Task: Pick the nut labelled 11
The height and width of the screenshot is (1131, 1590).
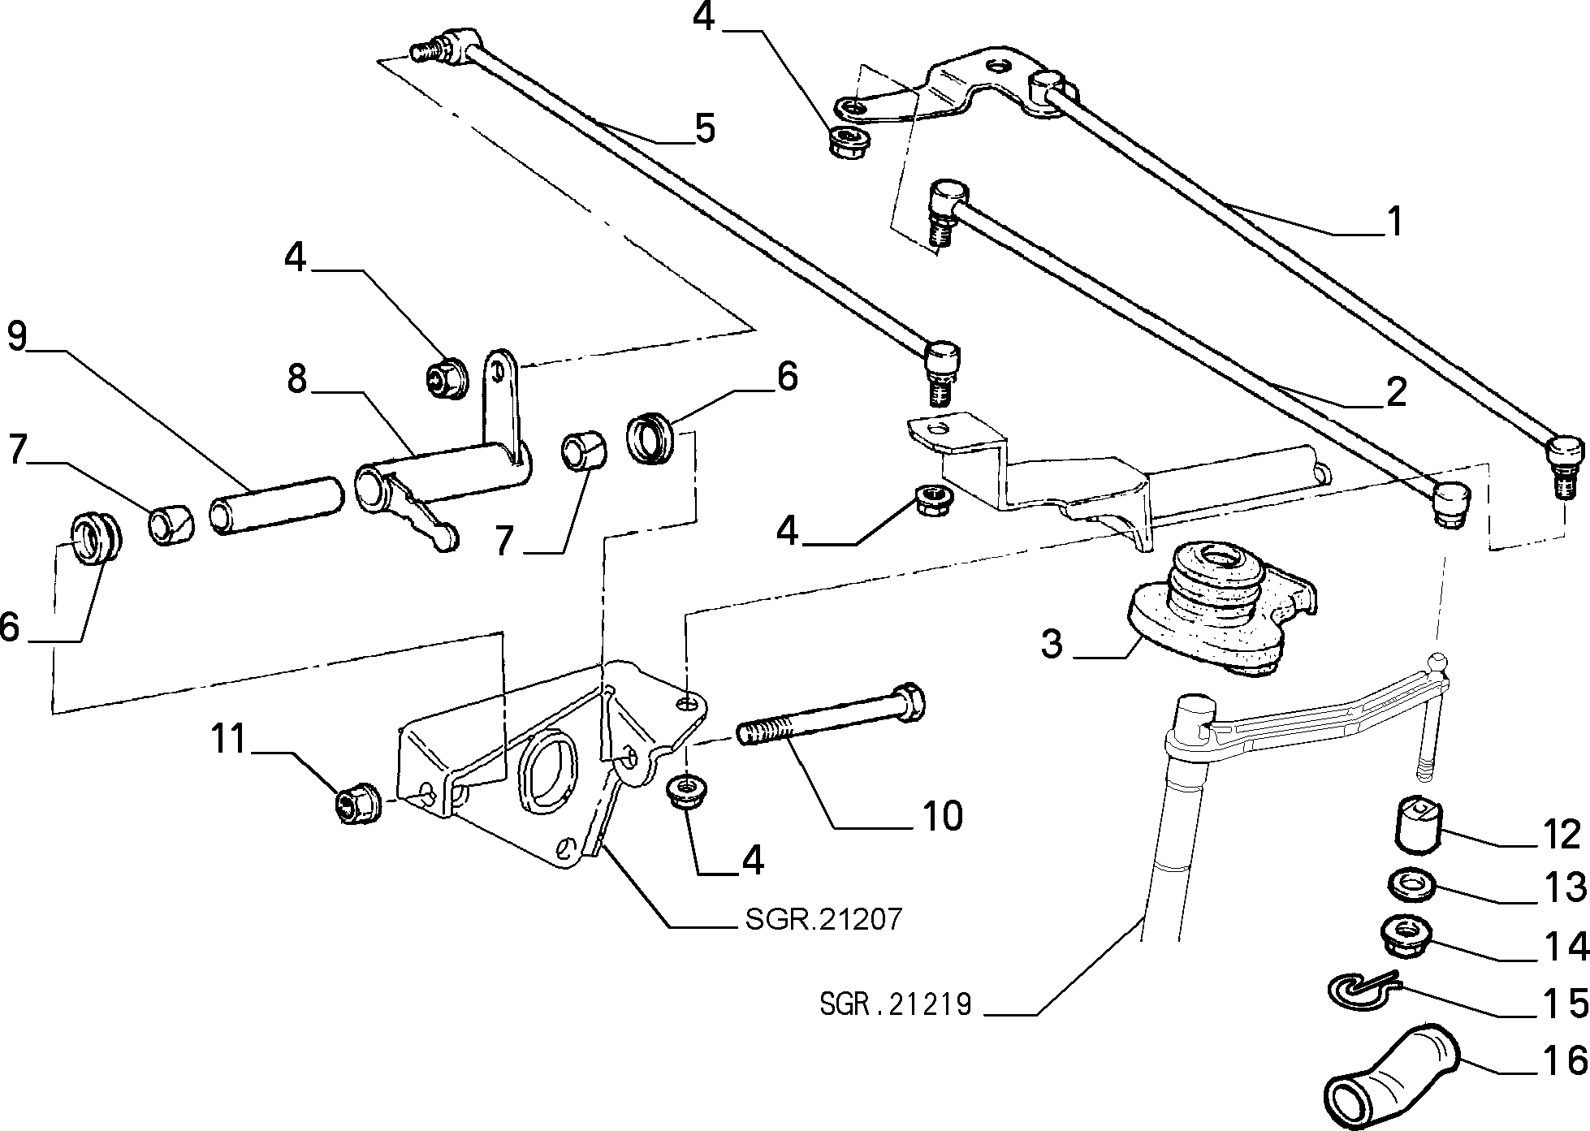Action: (354, 802)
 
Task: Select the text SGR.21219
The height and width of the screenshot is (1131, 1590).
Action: (895, 1004)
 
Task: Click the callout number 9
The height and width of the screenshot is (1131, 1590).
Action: (18, 337)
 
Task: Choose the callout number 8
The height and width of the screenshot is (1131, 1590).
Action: (298, 379)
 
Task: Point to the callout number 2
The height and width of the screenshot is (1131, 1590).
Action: (1395, 394)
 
